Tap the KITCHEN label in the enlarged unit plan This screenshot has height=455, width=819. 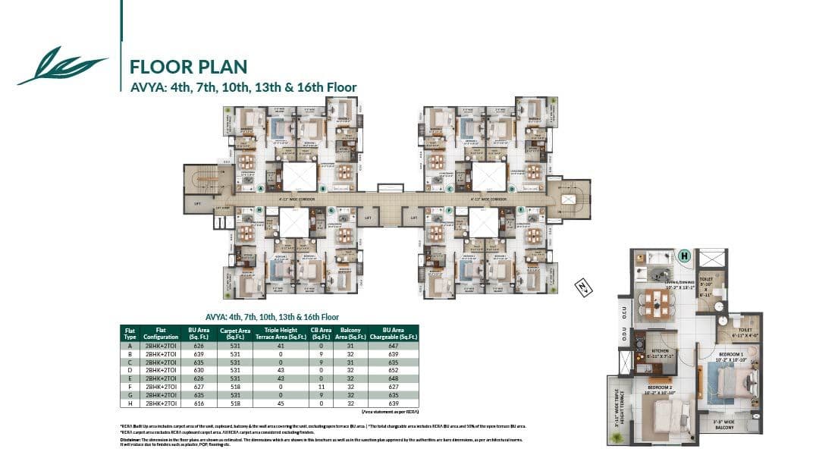tap(659, 351)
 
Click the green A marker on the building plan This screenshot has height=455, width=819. tap(260, 188)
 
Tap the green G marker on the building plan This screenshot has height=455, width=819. tap(331, 210)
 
